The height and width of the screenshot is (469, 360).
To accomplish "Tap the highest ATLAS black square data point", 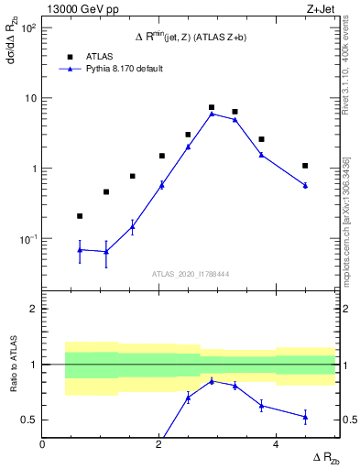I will coord(212,107).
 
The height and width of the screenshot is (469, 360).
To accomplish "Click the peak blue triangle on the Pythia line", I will coord(212,114).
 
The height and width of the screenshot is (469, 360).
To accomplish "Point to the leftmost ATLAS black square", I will coord(80,216).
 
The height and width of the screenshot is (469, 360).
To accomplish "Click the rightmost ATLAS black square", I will coord(305,166).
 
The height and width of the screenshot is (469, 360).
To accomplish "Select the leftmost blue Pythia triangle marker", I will coord(80,249).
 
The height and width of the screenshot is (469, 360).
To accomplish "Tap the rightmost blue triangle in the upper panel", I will coord(305,185).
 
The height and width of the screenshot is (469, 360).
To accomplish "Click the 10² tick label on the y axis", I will coord(27,27).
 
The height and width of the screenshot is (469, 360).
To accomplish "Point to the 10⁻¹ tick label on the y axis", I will coord(27,239).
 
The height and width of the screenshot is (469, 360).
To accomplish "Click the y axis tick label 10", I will coord(29,98).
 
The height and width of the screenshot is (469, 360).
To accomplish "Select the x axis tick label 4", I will coord(276,443).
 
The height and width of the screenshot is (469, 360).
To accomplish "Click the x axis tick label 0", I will coord(42,443).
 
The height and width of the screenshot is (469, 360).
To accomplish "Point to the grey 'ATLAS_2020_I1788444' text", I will coord(190,274).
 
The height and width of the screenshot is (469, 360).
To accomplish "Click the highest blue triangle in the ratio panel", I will coord(212,381).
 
